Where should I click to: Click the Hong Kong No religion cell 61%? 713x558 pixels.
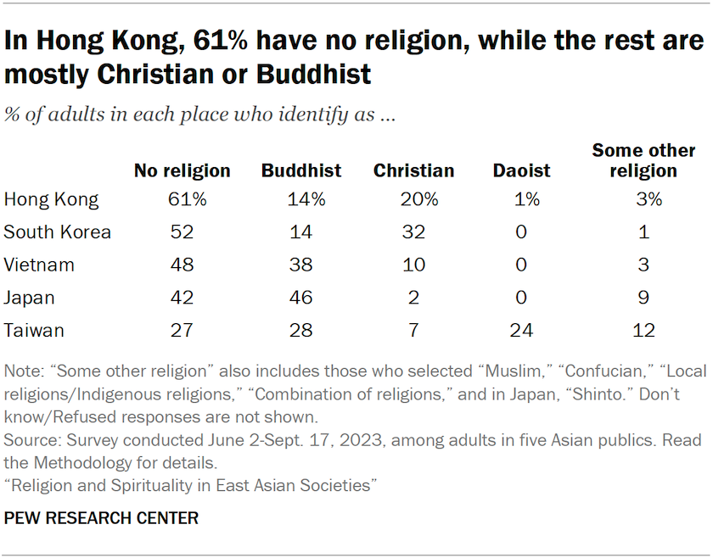(x=182, y=200)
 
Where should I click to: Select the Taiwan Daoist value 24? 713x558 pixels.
(x=521, y=330)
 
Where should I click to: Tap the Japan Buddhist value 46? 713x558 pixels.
(x=300, y=298)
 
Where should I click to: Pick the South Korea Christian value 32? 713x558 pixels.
(x=413, y=232)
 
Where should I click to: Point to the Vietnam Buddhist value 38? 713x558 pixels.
(x=300, y=265)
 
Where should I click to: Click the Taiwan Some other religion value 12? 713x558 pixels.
(x=643, y=330)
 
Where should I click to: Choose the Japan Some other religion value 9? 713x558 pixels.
(x=643, y=298)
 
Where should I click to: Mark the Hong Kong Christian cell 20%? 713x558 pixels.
(x=413, y=200)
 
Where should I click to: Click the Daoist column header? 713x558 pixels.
(x=521, y=170)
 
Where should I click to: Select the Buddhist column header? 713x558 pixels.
(x=300, y=170)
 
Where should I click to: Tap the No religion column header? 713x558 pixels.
(x=182, y=170)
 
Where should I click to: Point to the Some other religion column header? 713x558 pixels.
(x=643, y=160)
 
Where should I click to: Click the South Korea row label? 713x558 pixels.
(x=57, y=232)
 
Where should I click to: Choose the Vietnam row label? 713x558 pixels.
(x=39, y=265)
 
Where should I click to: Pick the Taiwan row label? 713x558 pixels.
(x=34, y=330)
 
